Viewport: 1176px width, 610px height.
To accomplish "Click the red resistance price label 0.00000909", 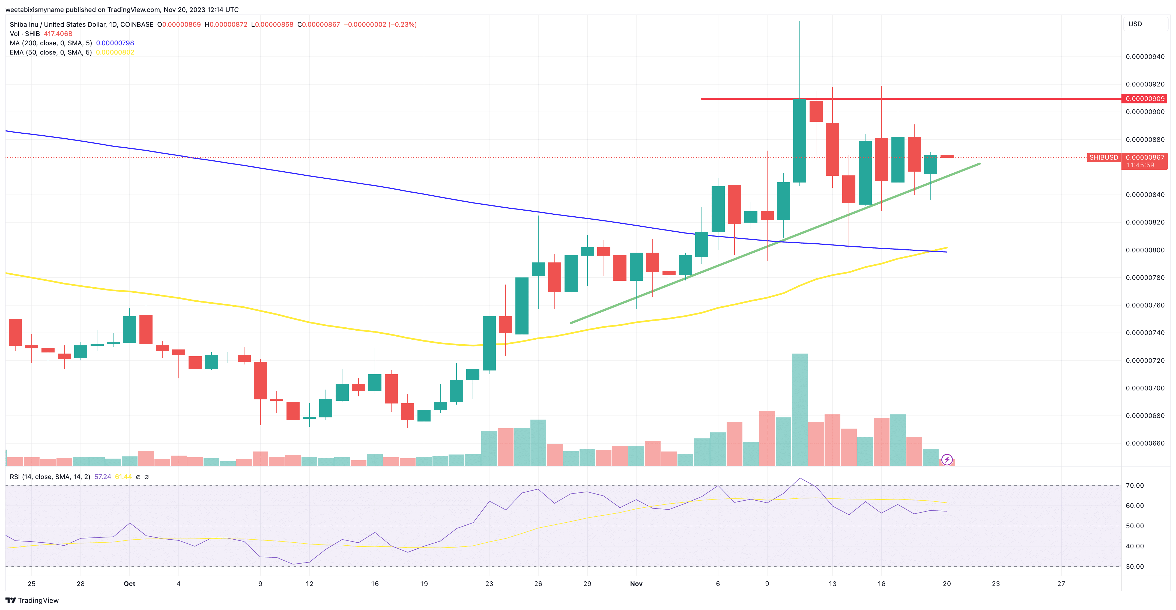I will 1145,99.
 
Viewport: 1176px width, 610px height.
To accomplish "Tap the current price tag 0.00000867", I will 1145,157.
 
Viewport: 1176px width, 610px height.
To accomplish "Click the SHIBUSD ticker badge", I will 1103,157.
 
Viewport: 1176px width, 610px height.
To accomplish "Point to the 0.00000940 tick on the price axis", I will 1145,57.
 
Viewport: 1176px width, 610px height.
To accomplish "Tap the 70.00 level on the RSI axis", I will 1135,485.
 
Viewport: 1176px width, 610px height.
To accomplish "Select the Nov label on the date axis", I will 636,584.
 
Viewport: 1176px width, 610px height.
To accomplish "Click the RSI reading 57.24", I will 102,477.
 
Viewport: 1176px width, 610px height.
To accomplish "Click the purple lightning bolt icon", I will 947,459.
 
